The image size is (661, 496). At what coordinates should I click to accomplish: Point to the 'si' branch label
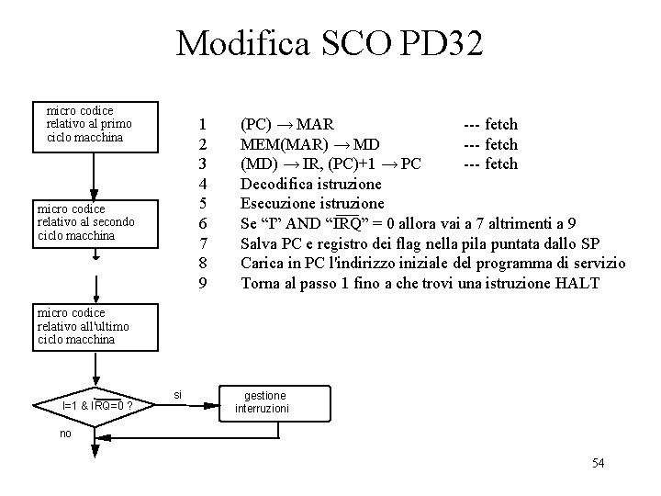(178, 394)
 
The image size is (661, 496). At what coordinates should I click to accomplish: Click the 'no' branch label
(65, 434)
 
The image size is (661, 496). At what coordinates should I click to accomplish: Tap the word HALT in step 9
(577, 283)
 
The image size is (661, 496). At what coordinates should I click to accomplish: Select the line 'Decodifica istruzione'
(311, 184)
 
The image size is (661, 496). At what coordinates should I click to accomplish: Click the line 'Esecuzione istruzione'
(312, 203)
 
